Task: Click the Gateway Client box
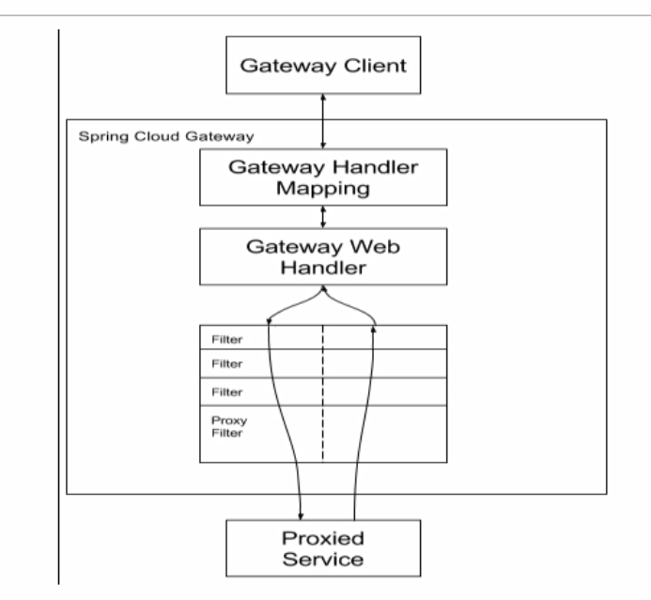(x=322, y=66)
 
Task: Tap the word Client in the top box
(x=374, y=66)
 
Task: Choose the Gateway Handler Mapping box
(x=322, y=177)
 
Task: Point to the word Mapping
(x=322, y=188)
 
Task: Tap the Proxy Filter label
(x=224, y=427)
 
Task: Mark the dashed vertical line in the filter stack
(x=323, y=394)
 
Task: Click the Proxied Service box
(x=322, y=548)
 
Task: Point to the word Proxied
(x=322, y=538)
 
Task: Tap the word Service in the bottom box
(x=322, y=560)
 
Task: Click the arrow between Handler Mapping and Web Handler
(x=323, y=217)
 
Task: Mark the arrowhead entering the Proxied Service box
(x=300, y=514)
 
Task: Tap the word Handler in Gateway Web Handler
(x=322, y=269)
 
